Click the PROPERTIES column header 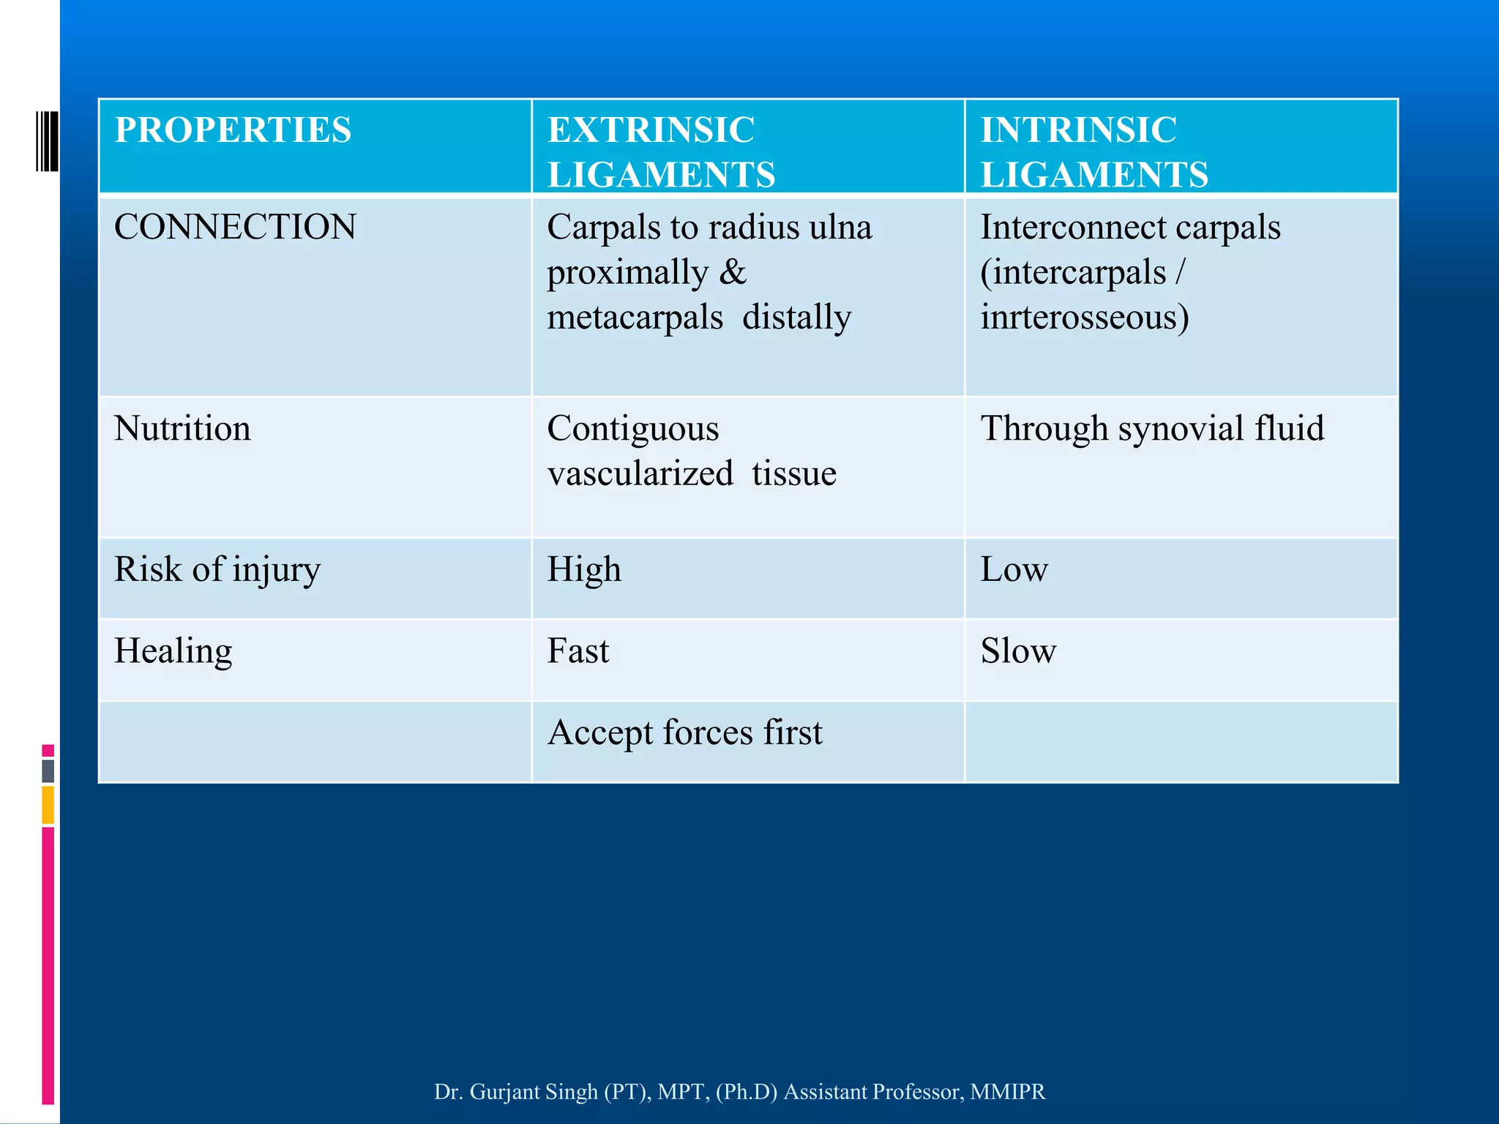tap(233, 130)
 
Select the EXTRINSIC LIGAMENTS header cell tap(661, 151)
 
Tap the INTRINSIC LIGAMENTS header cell tap(1094, 151)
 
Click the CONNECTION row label tap(235, 227)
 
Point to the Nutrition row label tap(182, 428)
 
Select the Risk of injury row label tap(217, 569)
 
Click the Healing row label tap(173, 651)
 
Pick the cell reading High tap(584, 569)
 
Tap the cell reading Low tap(1014, 569)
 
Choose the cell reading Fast tap(578, 651)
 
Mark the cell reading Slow tap(1018, 651)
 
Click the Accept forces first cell tap(685, 733)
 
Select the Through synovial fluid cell tap(1152, 428)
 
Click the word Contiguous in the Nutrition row tap(633, 428)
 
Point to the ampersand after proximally tap(733, 272)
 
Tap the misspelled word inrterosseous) tap(1084, 318)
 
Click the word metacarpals tap(635, 318)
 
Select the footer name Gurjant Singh tap(534, 1091)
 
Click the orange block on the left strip tap(48, 804)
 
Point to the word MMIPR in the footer tap(1008, 1091)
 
